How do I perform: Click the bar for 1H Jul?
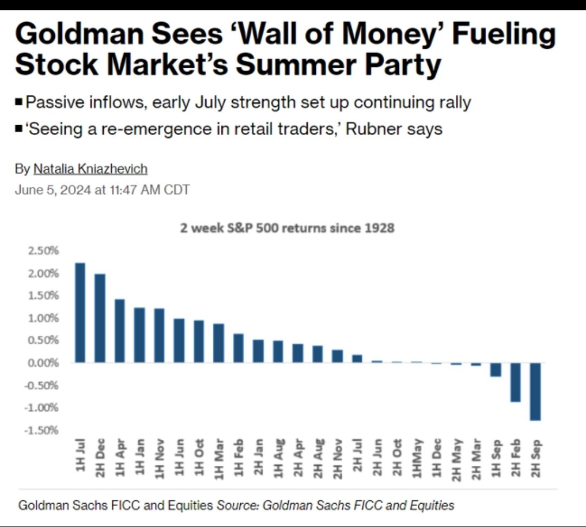tap(80, 312)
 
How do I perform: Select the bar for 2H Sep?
tap(535, 391)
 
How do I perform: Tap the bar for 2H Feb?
tap(515, 382)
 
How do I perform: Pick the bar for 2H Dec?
tap(100, 318)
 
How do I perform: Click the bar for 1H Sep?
tap(495, 369)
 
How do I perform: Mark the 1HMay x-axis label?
tap(417, 458)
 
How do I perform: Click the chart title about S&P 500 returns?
tap(287, 228)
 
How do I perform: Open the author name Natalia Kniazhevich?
tap(90, 169)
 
